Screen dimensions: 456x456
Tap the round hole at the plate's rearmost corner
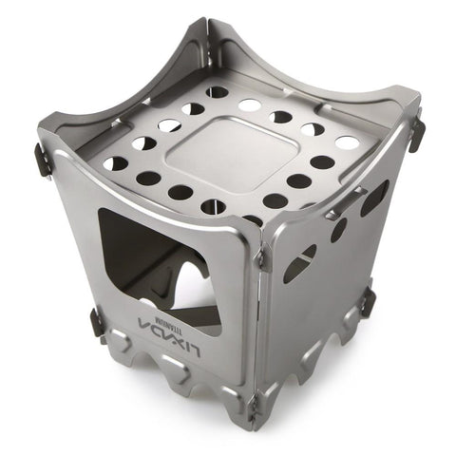point(218,93)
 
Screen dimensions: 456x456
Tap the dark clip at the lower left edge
point(97,322)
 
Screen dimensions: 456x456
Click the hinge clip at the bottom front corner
point(253,408)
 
